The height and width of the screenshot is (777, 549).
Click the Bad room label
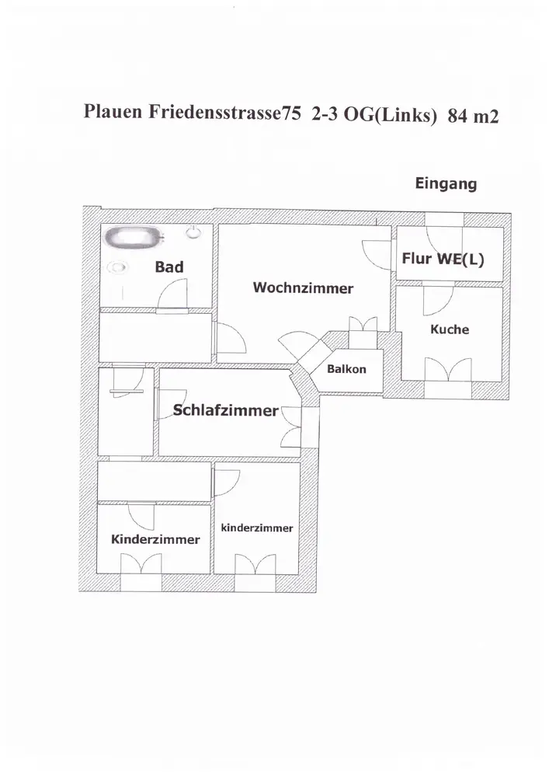(x=169, y=267)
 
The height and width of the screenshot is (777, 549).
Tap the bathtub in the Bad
(x=134, y=236)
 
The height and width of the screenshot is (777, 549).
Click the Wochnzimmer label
(x=303, y=288)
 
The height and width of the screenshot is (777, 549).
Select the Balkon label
(x=346, y=369)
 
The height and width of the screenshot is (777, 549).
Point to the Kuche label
(x=450, y=329)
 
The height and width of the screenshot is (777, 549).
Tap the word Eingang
(x=446, y=184)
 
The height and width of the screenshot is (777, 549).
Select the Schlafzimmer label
(x=225, y=410)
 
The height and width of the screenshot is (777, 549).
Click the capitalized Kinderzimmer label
(x=155, y=539)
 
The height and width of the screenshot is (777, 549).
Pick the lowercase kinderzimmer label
(x=257, y=528)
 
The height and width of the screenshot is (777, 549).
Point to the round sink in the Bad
(x=118, y=268)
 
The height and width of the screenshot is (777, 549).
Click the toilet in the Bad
(x=193, y=231)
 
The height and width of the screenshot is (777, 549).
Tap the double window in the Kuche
(x=450, y=369)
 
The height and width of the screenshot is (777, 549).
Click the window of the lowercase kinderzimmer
(x=257, y=563)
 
